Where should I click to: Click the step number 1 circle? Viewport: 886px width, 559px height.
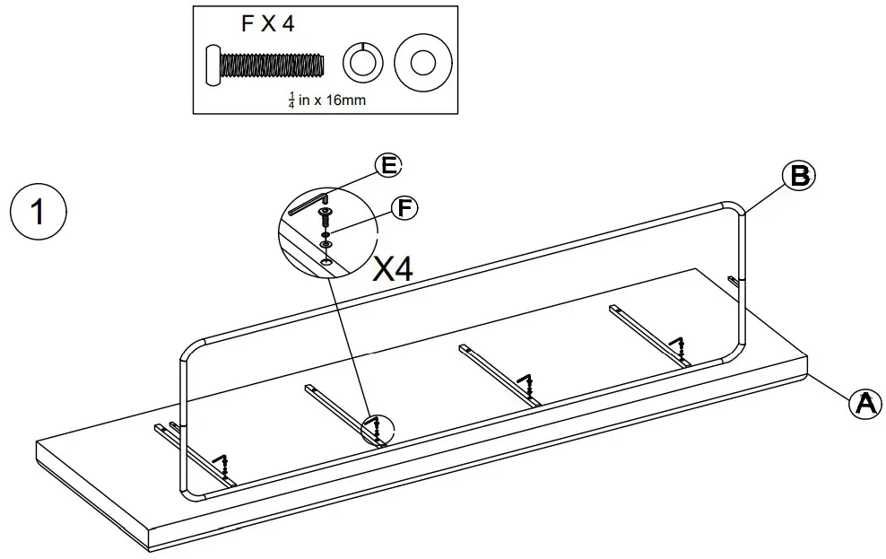click(37, 213)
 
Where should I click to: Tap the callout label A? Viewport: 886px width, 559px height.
click(864, 403)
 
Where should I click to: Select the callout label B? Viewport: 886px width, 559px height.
click(798, 176)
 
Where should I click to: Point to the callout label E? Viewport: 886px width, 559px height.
click(387, 166)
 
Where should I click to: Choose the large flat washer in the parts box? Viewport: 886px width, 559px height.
click(421, 62)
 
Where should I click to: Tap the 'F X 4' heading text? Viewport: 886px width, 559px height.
click(268, 24)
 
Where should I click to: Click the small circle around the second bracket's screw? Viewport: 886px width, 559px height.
click(377, 430)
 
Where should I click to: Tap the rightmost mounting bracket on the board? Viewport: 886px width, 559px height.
click(651, 336)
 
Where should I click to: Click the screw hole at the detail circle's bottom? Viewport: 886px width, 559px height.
click(326, 261)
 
